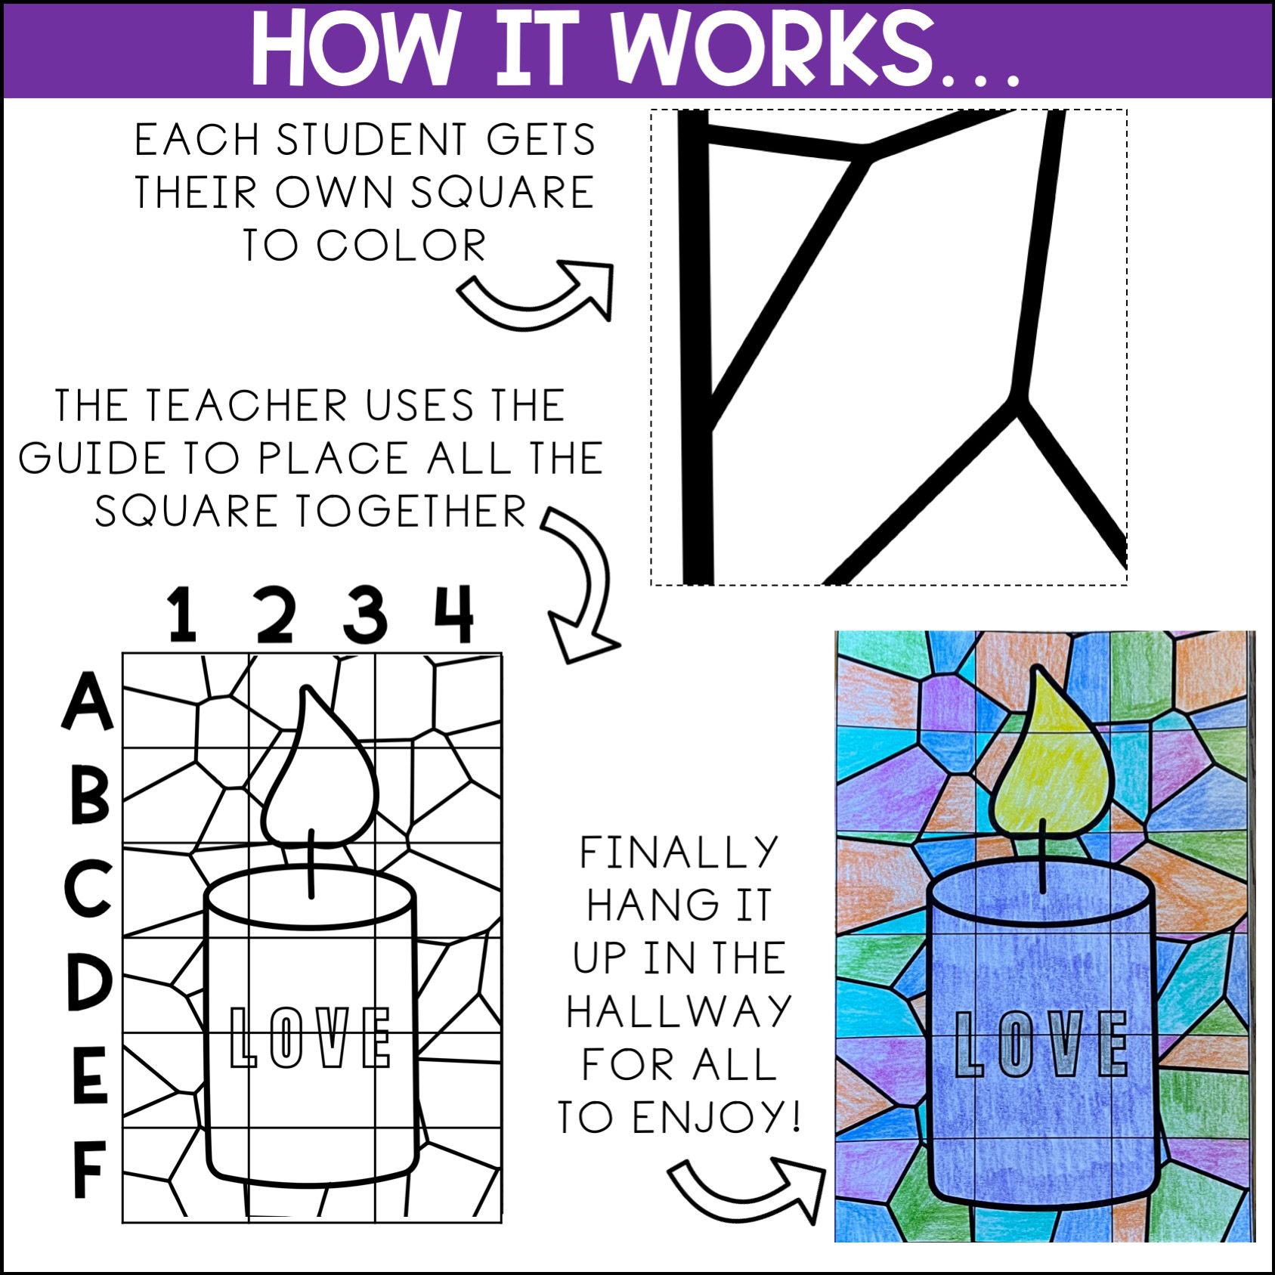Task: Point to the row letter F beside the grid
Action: click(x=88, y=1169)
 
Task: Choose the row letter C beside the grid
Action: click(x=88, y=887)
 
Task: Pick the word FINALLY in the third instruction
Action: click(x=679, y=853)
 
